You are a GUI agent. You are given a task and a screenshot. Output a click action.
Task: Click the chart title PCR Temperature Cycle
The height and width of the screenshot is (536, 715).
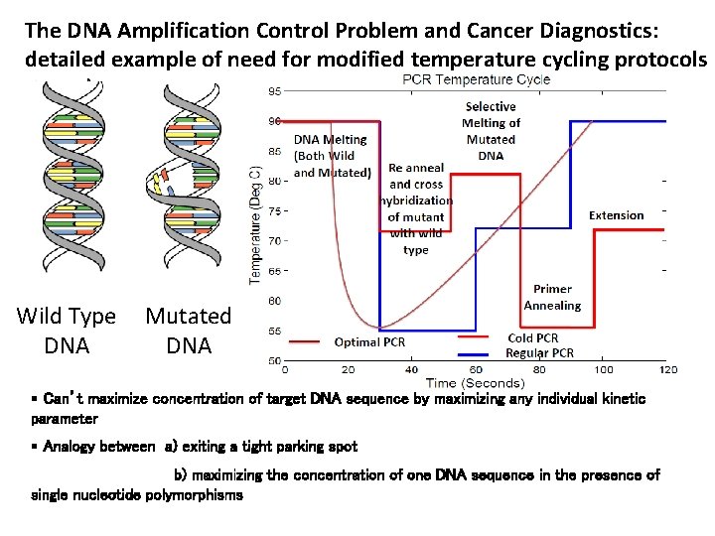point(476,79)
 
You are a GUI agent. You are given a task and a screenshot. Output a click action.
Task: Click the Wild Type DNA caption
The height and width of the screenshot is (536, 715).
point(67,331)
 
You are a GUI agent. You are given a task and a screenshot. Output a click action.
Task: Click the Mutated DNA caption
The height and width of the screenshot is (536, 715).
point(188,331)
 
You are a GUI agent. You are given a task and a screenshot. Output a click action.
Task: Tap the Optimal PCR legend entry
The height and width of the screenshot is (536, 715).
point(369,342)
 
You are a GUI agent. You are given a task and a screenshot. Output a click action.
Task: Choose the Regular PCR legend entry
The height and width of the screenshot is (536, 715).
point(539,352)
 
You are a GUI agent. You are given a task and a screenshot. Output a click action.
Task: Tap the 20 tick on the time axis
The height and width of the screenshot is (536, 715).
point(349,369)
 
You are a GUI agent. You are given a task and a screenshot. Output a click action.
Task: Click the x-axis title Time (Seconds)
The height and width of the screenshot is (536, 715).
point(475,383)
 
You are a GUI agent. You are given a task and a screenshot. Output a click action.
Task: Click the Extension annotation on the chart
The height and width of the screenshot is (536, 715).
point(616,215)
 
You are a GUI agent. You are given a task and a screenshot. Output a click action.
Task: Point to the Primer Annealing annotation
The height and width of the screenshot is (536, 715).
point(552,298)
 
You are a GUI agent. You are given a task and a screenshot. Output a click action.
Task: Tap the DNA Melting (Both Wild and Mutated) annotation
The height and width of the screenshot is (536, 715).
point(332,156)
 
